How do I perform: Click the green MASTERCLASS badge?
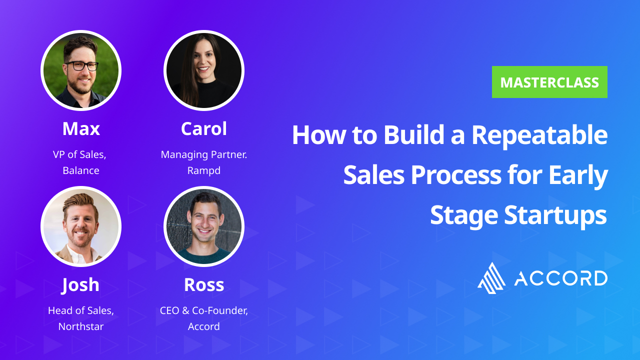(x=549, y=82)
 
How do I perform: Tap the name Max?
(x=81, y=129)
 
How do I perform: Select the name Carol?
(x=204, y=129)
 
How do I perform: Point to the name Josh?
(x=81, y=285)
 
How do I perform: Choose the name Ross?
(x=204, y=285)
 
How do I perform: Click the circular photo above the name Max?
(x=81, y=70)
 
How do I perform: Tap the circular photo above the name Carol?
(x=204, y=70)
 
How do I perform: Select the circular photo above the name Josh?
(x=81, y=226)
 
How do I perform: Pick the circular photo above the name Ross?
(x=204, y=226)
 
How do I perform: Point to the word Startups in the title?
(x=555, y=215)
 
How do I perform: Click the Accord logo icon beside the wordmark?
(x=492, y=278)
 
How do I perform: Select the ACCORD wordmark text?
(x=561, y=278)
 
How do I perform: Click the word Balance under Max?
(x=81, y=170)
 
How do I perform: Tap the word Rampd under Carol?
(x=204, y=170)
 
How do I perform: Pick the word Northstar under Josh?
(x=81, y=326)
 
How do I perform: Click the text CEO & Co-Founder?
(x=204, y=310)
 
